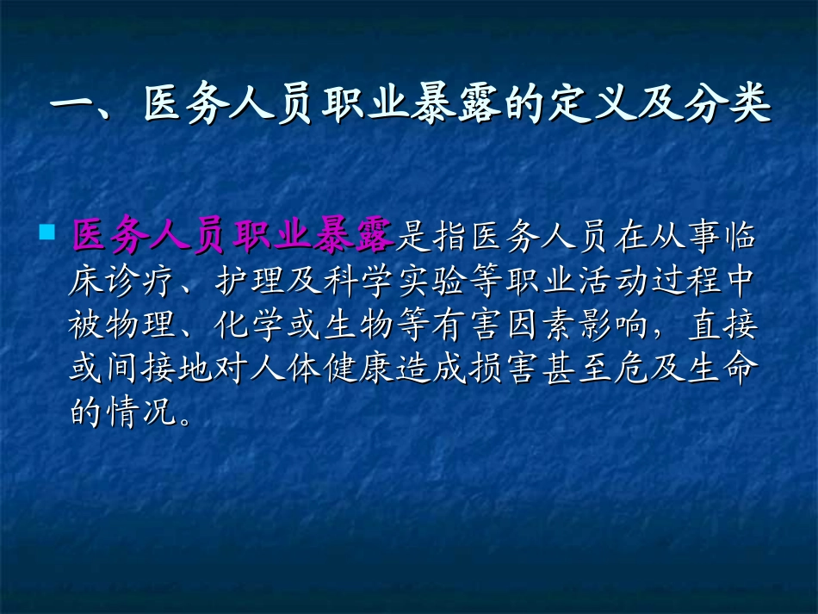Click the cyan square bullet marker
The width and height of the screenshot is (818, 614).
click(x=47, y=232)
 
